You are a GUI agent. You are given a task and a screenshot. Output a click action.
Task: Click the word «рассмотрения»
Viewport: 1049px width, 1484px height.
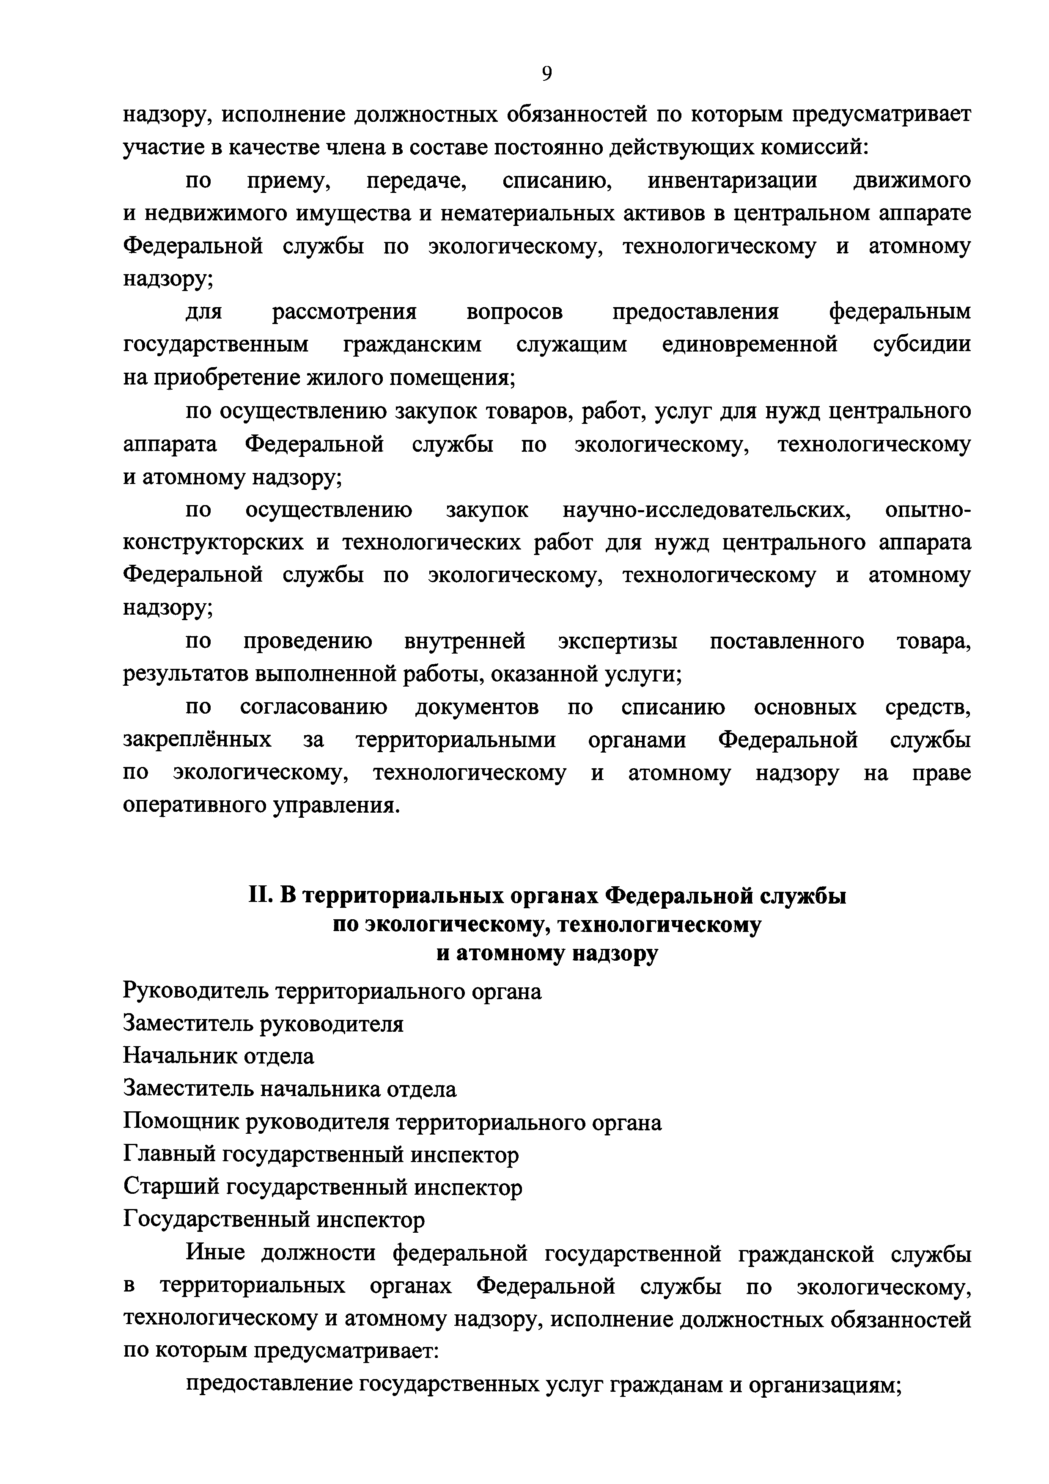point(344,312)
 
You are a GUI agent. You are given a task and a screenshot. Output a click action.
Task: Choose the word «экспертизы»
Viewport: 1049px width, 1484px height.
point(618,641)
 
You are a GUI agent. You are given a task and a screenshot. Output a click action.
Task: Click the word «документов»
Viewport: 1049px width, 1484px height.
point(477,707)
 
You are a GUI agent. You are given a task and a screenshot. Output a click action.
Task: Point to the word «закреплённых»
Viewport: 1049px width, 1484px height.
point(197,739)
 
